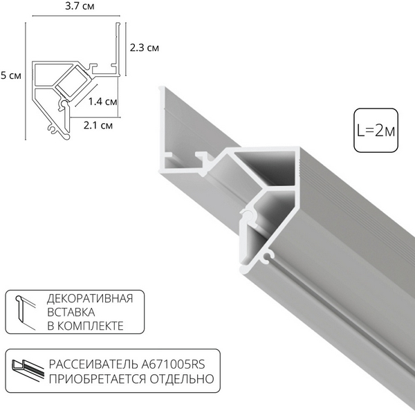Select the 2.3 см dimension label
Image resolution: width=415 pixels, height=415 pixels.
point(145,48)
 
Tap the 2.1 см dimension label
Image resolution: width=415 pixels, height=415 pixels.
point(98,124)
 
